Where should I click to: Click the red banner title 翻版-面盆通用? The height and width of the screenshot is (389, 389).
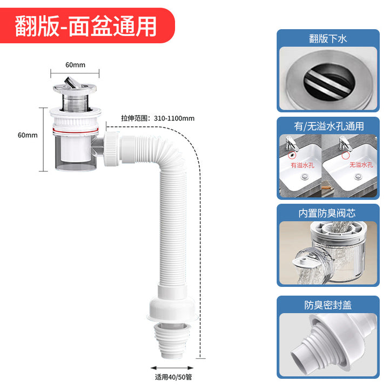[85, 26]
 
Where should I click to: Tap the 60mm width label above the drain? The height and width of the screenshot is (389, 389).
[75, 65]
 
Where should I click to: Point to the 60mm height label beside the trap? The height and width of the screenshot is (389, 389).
[28, 135]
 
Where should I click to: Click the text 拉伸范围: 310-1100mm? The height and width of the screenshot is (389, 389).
[158, 118]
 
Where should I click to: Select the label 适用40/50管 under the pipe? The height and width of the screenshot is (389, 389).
[173, 377]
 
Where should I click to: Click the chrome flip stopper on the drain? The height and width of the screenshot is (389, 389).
[75, 84]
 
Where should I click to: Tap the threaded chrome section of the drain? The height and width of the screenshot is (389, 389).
[75, 103]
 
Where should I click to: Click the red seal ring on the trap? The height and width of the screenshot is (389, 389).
[76, 130]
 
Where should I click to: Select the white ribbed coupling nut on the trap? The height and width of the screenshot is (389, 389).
[111, 149]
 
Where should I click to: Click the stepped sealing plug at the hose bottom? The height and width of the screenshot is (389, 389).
[172, 340]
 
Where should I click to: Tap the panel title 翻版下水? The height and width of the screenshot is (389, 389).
[328, 39]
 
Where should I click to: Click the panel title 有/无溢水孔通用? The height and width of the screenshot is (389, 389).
[328, 126]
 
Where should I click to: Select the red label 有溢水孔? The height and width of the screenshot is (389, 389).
[303, 165]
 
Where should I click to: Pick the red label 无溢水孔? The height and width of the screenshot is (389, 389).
[361, 165]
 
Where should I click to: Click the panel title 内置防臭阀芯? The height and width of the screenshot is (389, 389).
[327, 213]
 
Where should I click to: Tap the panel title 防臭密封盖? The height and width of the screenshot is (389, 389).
[328, 305]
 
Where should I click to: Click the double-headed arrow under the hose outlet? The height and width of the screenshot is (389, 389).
[172, 368]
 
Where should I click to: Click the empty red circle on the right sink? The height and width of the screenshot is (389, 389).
[346, 156]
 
